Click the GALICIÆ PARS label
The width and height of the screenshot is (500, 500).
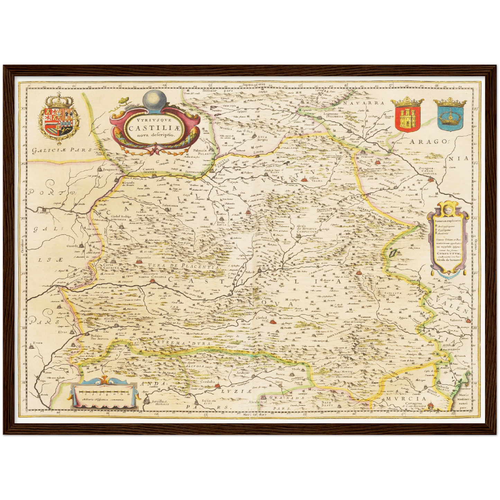61,150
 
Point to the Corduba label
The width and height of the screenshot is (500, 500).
208,382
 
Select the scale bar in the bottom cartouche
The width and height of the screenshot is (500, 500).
103,392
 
